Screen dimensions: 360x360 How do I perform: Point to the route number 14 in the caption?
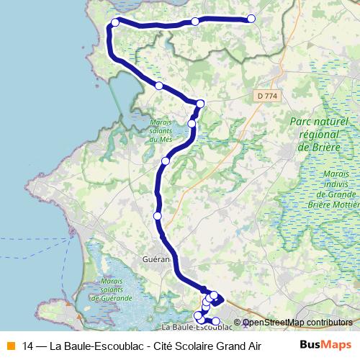tap(28, 345)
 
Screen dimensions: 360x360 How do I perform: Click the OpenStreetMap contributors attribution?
tap(297, 323)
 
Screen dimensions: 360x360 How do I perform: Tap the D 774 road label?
tap(266, 96)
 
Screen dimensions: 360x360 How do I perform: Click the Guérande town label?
tap(156, 258)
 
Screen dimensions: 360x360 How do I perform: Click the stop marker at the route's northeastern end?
tap(251, 19)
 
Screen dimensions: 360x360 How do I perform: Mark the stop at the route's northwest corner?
tap(115, 23)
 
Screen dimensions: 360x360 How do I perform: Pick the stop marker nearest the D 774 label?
tap(200, 104)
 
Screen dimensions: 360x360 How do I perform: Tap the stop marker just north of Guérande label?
tap(158, 215)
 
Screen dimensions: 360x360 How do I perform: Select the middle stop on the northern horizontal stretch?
tap(195, 22)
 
